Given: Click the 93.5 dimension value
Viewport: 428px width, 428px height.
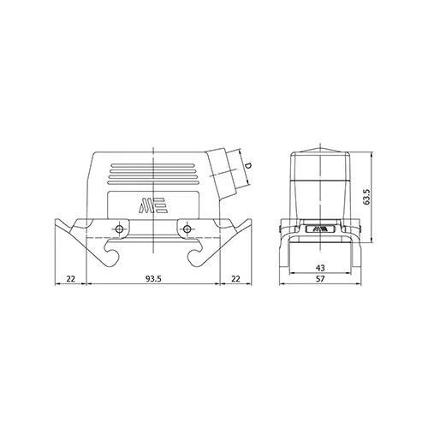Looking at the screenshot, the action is (x=153, y=278).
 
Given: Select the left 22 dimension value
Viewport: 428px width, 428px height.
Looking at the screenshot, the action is (x=71, y=278).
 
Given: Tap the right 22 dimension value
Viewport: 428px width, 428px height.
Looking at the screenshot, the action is (x=235, y=278).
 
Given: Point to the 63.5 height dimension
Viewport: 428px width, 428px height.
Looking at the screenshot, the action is (x=366, y=196).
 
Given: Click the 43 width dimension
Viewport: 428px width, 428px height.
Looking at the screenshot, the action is (x=320, y=268).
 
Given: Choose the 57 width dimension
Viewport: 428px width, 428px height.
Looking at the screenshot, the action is (x=320, y=278).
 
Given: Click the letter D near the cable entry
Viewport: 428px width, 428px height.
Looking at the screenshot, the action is (x=248, y=165).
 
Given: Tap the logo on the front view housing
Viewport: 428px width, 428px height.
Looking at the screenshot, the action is (x=153, y=205).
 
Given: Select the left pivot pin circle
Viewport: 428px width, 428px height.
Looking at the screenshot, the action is (x=119, y=229).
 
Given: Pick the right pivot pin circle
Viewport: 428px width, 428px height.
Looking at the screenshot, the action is (x=187, y=229).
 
